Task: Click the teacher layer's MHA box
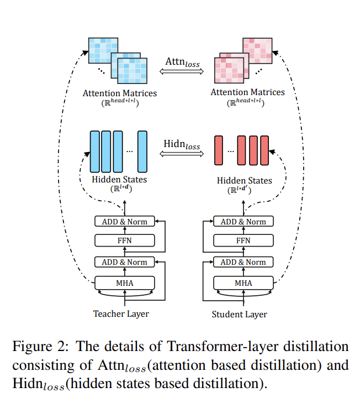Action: pos(125,283)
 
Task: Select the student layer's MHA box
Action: pos(243,283)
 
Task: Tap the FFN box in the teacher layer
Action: pos(125,240)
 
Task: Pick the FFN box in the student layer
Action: pos(243,240)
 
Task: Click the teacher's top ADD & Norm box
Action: pos(125,221)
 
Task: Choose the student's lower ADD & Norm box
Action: pos(243,262)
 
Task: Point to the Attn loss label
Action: pos(182,62)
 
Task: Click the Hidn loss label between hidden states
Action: pos(182,144)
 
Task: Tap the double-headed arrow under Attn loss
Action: pos(182,71)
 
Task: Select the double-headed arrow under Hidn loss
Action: pos(182,154)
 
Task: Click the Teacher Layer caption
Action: pos(121,314)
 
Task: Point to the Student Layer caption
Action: pos(239,315)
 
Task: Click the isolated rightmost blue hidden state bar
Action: pos(142,151)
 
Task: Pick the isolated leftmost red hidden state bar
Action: pos(219,150)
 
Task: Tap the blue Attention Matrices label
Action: pos(120,93)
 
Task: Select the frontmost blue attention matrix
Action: pos(133,71)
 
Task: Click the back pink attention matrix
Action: pos(257,51)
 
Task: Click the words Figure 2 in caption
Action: pos(40,347)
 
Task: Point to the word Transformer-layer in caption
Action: pos(223,347)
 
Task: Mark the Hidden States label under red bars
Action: pos(245,180)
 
